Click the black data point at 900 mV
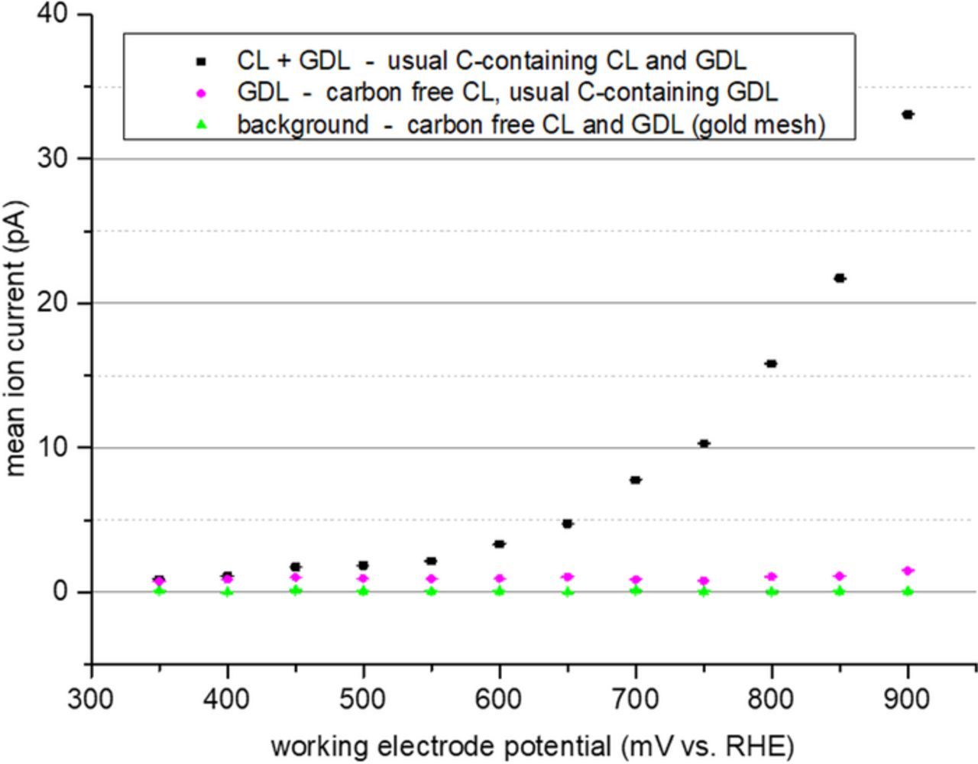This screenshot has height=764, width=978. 908,115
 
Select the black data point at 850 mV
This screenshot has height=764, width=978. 840,278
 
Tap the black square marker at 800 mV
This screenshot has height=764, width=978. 771,364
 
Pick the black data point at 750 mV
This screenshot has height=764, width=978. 704,443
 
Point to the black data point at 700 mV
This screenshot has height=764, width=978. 635,480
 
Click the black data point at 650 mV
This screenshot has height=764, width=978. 567,523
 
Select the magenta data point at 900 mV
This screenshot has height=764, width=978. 908,571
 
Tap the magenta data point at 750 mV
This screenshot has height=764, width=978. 704,581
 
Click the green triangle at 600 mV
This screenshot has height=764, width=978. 499,591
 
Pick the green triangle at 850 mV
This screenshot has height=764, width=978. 840,591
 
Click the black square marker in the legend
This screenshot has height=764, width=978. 202,60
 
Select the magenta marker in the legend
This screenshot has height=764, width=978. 202,92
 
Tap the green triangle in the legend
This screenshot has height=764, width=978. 202,124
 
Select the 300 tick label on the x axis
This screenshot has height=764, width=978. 91,698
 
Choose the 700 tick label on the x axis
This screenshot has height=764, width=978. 635,698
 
